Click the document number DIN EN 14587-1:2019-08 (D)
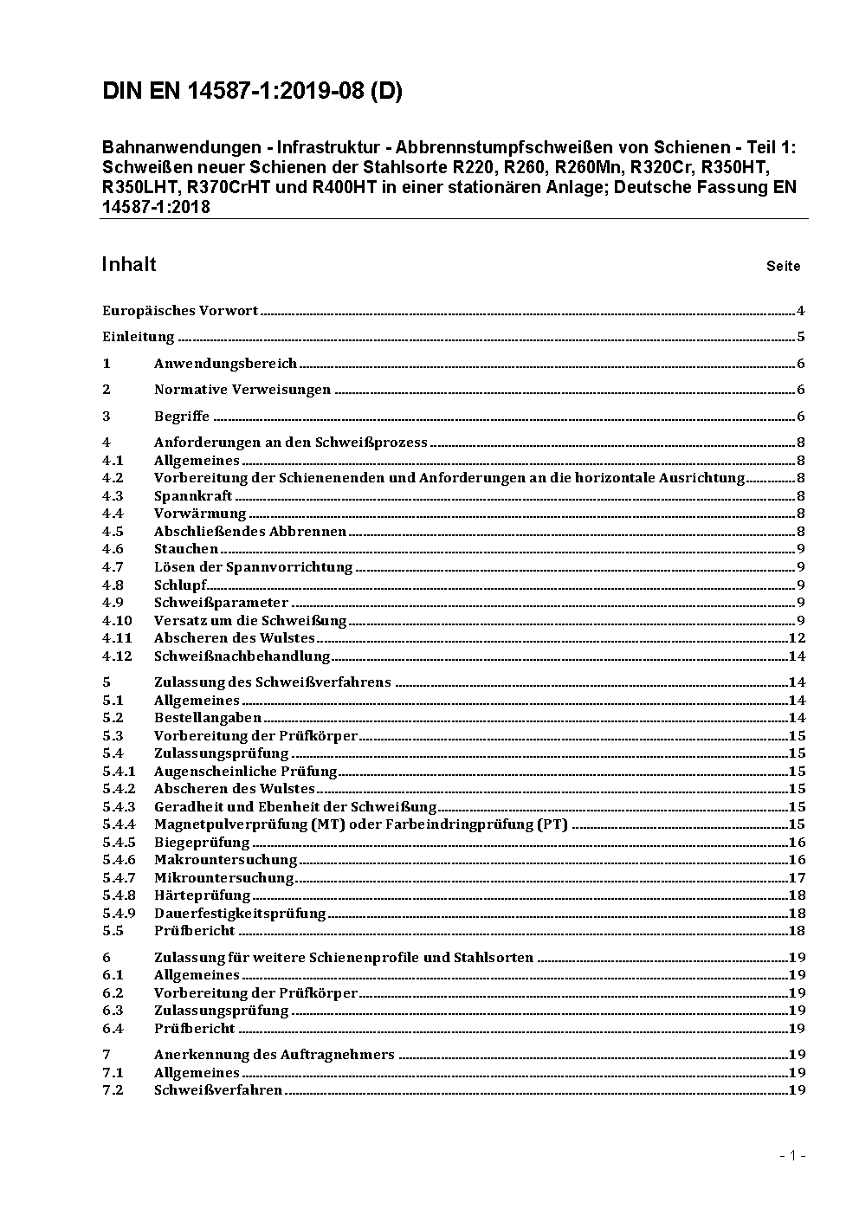[252, 92]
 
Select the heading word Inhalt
[129, 264]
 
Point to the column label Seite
[783, 267]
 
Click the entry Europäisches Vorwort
[180, 311]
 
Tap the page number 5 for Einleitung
[801, 337]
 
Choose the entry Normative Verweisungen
[242, 390]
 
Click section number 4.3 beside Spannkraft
[113, 496]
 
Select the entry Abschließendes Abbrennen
[250, 532]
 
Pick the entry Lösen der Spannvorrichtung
[254, 567]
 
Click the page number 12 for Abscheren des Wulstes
[797, 638]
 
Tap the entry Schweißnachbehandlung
[242, 656]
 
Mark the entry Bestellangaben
[208, 718]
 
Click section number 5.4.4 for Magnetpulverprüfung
[119, 824]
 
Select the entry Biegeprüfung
[202, 843]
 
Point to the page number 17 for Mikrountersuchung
[797, 878]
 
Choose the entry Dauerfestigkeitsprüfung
[240, 914]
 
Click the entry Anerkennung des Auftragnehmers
[274, 1055]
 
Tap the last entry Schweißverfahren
[218, 1090]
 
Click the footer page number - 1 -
[792, 1155]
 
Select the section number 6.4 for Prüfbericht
[113, 1029]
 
